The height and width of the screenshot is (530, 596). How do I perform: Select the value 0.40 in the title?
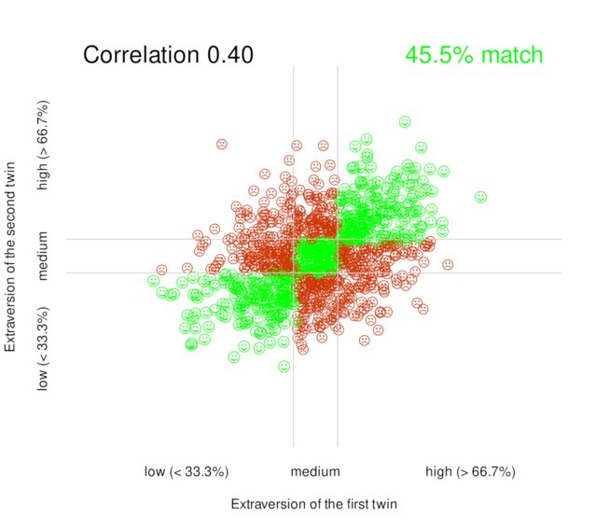tap(229, 55)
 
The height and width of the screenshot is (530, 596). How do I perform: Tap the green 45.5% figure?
tap(438, 55)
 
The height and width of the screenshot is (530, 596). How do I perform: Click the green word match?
tap(511, 55)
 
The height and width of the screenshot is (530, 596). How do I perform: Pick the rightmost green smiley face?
tap(480, 197)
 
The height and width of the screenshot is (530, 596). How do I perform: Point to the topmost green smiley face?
tap(405, 121)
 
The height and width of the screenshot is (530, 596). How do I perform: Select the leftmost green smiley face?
tap(153, 280)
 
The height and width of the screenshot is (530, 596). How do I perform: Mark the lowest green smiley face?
tap(284, 367)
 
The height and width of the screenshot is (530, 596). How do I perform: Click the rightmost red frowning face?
tap(448, 265)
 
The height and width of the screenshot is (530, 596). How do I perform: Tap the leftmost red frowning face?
tap(161, 270)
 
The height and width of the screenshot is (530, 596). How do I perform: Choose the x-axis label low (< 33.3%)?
tap(187, 472)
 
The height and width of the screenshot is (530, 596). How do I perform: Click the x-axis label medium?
tap(315, 472)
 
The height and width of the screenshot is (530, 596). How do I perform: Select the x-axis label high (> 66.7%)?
tap(470, 472)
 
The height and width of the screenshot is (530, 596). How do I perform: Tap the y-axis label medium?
tap(43, 257)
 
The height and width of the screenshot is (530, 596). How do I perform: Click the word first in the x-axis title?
tap(340, 505)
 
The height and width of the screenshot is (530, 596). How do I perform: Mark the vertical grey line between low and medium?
tap(294, 411)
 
